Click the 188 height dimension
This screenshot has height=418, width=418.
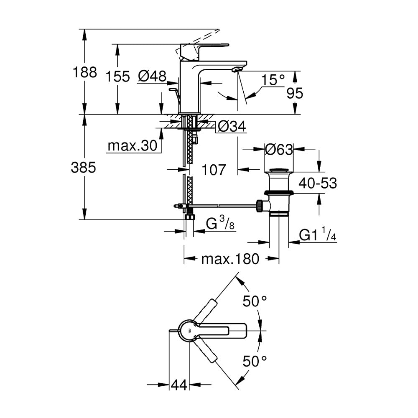click(85, 72)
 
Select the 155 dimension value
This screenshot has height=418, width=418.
click(117, 76)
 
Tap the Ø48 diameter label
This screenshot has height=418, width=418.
click(152, 76)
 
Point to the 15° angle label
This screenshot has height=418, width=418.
click(273, 80)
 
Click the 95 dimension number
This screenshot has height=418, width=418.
click(295, 93)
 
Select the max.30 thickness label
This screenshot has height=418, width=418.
click(133, 146)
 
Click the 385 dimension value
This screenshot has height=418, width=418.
click(84, 168)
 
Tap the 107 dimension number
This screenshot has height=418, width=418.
click(214, 170)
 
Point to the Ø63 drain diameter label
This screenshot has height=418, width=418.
click(279, 150)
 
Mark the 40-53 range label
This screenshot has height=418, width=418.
click(318, 183)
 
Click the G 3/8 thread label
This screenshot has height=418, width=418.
click(220, 223)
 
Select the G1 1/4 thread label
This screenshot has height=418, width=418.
click(318, 234)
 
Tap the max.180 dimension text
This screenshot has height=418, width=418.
click(230, 259)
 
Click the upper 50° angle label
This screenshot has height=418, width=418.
click(255, 301)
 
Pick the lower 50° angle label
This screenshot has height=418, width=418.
click(255, 362)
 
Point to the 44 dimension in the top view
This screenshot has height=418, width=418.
click(179, 385)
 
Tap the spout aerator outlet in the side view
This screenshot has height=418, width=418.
click(237, 69)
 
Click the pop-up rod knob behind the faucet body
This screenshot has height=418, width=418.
click(173, 89)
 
